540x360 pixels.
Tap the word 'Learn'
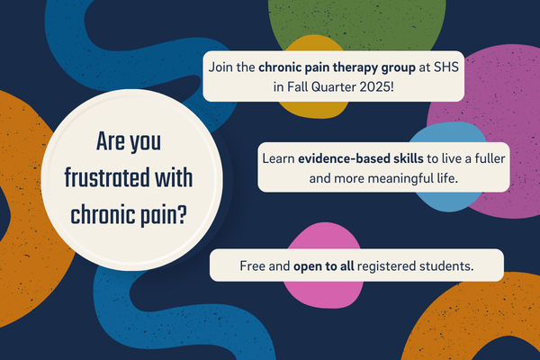(280, 157)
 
